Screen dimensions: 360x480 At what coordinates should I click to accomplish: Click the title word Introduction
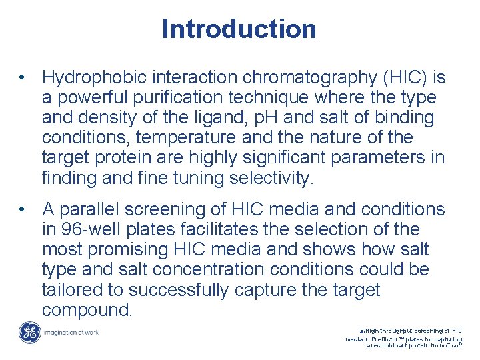[x=239, y=29]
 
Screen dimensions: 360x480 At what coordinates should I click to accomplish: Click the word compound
[x=87, y=310]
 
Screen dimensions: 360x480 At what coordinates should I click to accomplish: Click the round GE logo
[x=29, y=332]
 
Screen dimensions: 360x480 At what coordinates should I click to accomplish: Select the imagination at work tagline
[x=70, y=332]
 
